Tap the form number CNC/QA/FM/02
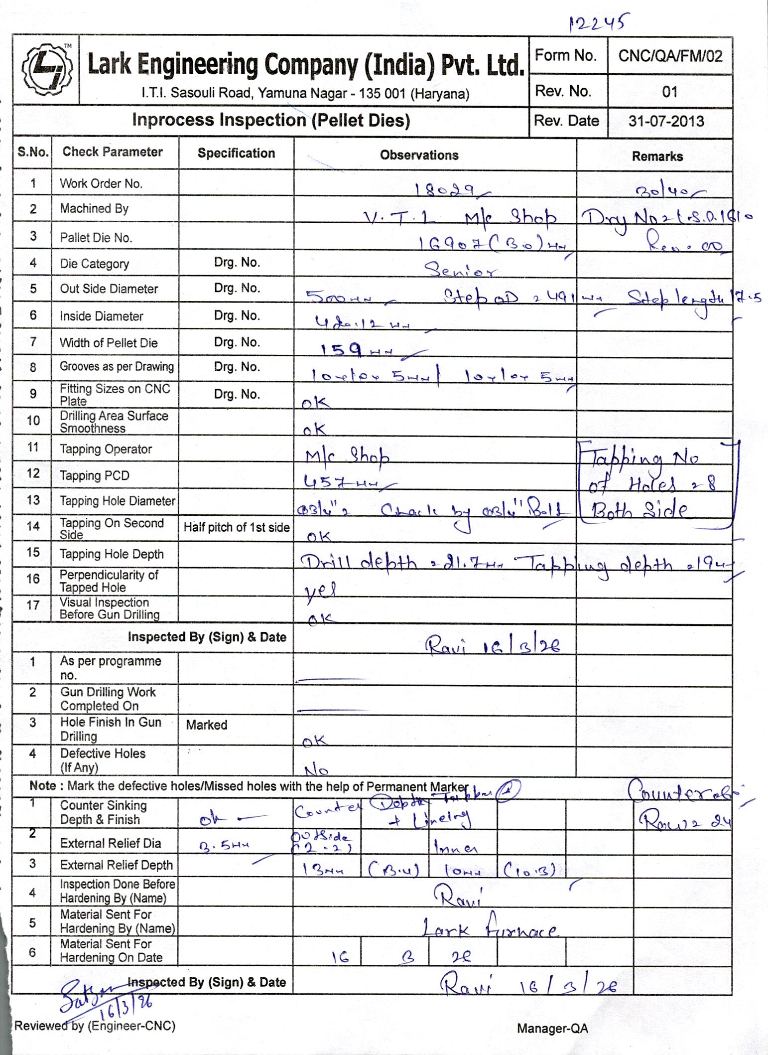pos(670,56)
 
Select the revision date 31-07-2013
pos(666,121)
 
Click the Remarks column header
pos(657,156)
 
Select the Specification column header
pos(236,153)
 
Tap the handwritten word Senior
pos(460,270)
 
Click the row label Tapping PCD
pos(95,475)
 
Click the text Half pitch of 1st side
pos(237,527)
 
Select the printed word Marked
pos(206,725)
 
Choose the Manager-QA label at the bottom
pos(552,1028)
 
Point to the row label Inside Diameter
pos(101,316)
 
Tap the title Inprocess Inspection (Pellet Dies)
pos(271,120)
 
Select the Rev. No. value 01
pos(670,91)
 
